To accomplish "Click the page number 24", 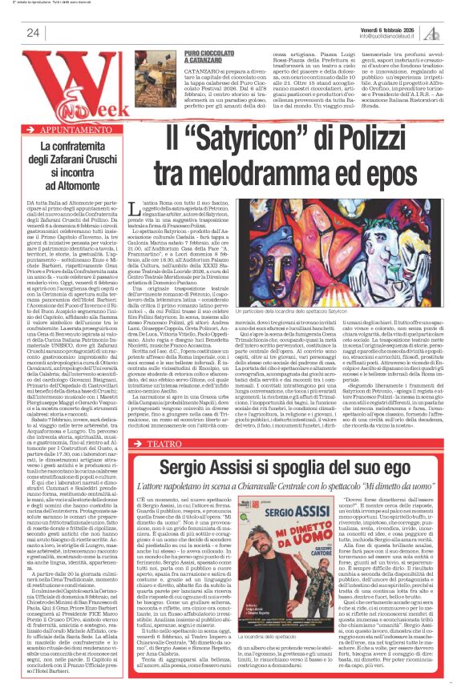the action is tap(33, 32).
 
